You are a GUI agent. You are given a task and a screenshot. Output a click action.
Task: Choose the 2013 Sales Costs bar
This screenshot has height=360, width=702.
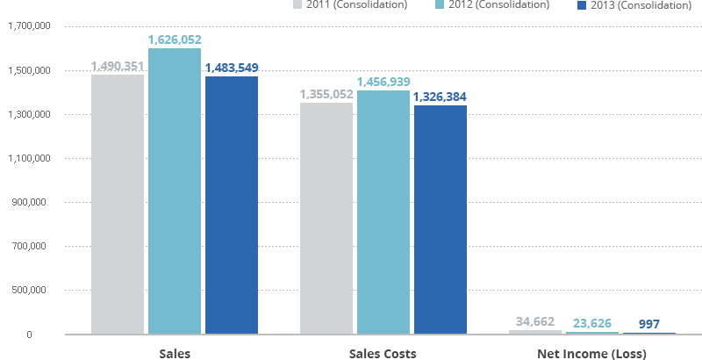coord(441,220)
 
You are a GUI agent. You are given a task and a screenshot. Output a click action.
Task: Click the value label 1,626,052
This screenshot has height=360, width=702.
coord(175,40)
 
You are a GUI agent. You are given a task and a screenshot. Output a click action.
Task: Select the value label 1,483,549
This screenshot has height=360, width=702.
coord(231,68)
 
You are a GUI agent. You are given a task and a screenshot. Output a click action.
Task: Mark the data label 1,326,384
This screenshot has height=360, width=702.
coord(441,97)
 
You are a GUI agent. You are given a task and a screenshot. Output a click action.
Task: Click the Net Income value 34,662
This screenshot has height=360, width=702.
coord(535,321)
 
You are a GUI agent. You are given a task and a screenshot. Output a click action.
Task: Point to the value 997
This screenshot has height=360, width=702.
coord(649,324)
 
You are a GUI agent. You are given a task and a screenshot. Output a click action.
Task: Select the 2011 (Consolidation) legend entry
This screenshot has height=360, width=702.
coord(351,5)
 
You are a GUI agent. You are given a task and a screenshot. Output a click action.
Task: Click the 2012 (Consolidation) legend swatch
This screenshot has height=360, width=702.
coord(443,5)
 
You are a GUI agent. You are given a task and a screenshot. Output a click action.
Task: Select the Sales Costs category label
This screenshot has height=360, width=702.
coord(383,354)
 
